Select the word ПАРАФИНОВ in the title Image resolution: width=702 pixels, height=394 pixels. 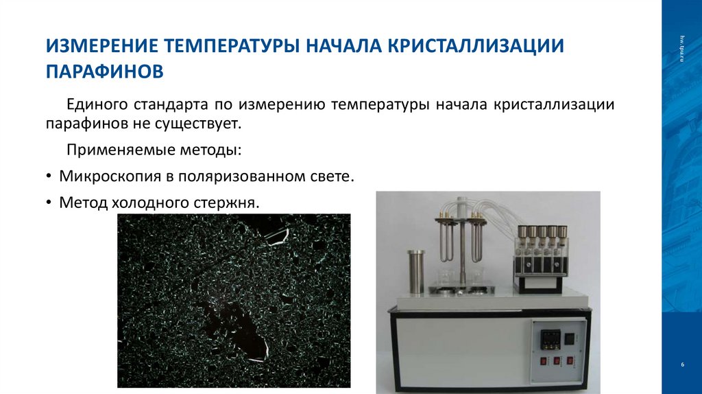(105, 71)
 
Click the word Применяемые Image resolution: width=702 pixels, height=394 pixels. (114, 150)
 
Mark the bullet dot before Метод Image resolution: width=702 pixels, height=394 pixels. (49, 203)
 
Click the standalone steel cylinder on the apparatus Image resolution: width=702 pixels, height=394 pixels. (416, 271)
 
